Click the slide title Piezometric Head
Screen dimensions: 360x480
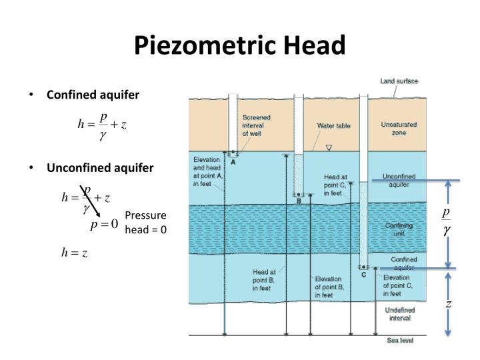pos(240,45)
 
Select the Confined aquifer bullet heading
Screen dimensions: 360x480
pos(93,95)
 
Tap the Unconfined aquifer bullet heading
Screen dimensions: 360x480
pos(99,167)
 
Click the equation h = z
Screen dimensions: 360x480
pos(75,253)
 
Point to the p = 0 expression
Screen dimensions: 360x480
pos(105,224)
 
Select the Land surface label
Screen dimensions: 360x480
pos(399,81)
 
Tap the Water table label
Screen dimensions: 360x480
pos(333,125)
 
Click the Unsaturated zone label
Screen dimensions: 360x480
pos(398,129)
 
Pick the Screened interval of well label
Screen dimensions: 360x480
pos(256,125)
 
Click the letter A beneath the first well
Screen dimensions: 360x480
pos(233,162)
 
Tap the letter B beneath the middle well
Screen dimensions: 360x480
pos(299,201)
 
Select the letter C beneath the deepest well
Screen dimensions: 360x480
pos(363,275)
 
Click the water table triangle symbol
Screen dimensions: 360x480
pos(328,148)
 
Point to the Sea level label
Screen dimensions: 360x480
pos(401,341)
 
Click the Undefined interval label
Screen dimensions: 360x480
pos(399,313)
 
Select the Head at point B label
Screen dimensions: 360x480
pos(264,280)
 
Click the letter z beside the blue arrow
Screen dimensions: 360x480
pos(449,304)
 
